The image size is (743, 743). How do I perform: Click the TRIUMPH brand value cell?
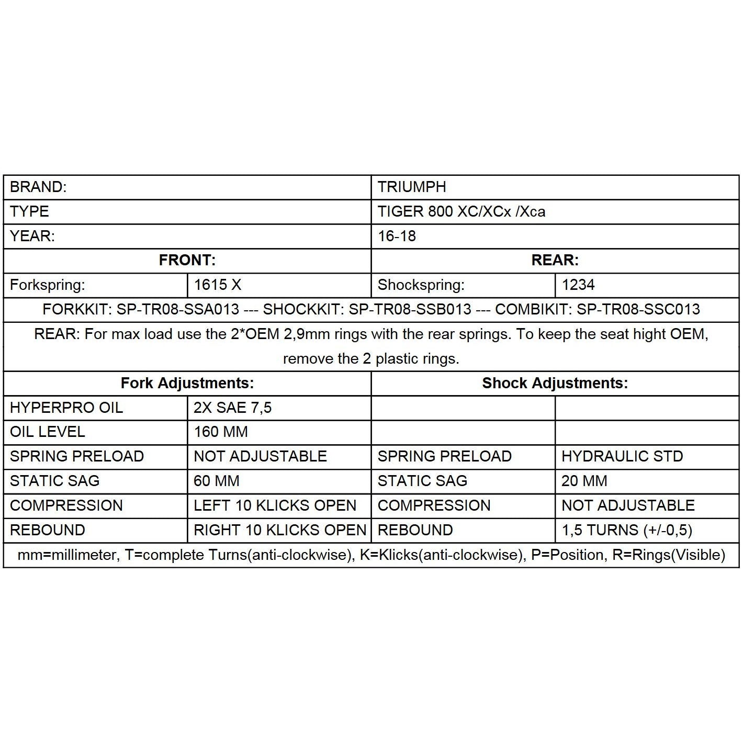click(412, 187)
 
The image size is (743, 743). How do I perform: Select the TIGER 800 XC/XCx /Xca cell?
click(461, 211)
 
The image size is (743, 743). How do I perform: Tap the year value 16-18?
click(397, 236)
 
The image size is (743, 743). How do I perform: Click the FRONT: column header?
click(187, 260)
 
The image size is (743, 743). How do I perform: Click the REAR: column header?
click(555, 260)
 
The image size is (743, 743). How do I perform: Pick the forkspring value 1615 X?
click(218, 285)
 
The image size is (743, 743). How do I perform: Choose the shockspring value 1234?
click(578, 285)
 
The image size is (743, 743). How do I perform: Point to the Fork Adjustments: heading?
click(187, 383)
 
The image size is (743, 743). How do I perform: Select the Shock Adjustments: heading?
click(555, 383)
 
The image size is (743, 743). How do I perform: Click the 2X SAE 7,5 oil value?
click(233, 408)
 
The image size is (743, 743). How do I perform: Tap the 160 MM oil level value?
click(221, 432)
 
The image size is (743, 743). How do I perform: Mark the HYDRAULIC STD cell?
click(622, 456)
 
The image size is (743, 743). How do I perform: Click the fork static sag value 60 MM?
click(216, 481)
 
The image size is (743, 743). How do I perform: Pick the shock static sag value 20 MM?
click(584, 481)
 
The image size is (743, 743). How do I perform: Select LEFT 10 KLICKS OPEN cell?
click(275, 505)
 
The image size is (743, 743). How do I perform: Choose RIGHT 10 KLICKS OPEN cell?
click(280, 530)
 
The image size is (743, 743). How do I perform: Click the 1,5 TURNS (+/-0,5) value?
click(627, 530)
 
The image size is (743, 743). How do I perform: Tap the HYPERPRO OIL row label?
click(66, 408)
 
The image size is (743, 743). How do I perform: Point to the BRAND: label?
click(38, 187)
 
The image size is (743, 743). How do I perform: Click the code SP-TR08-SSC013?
click(638, 309)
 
